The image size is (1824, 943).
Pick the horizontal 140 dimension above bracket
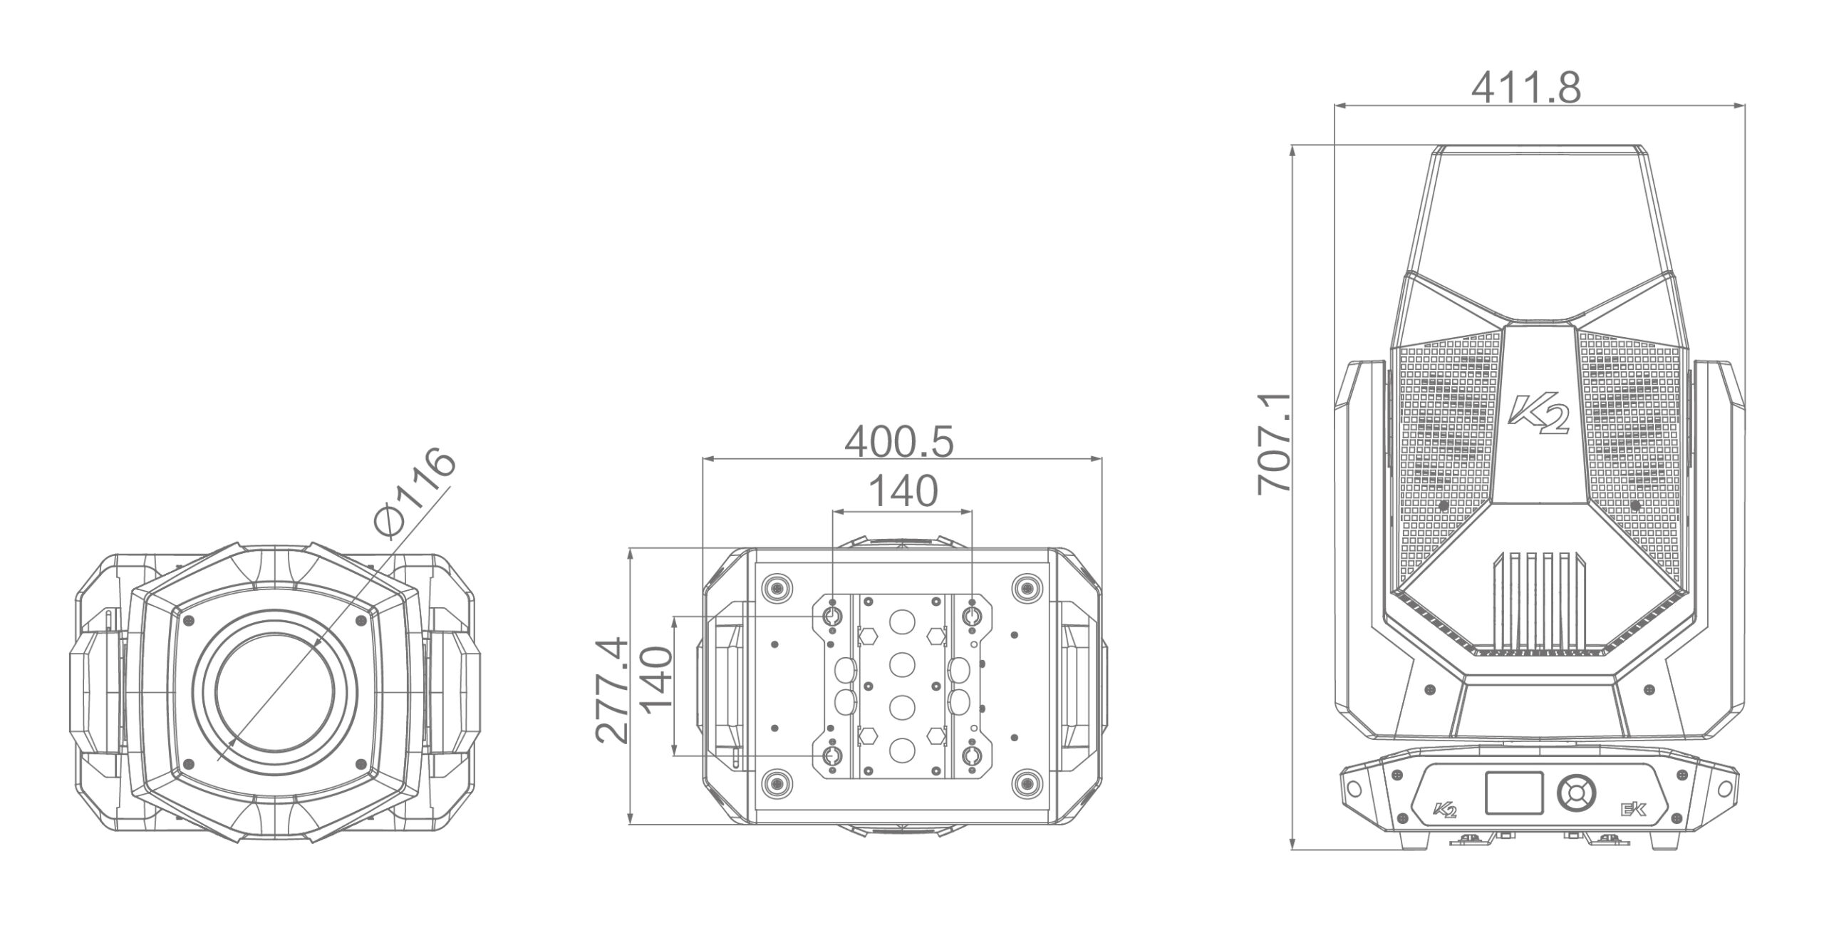(x=903, y=492)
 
